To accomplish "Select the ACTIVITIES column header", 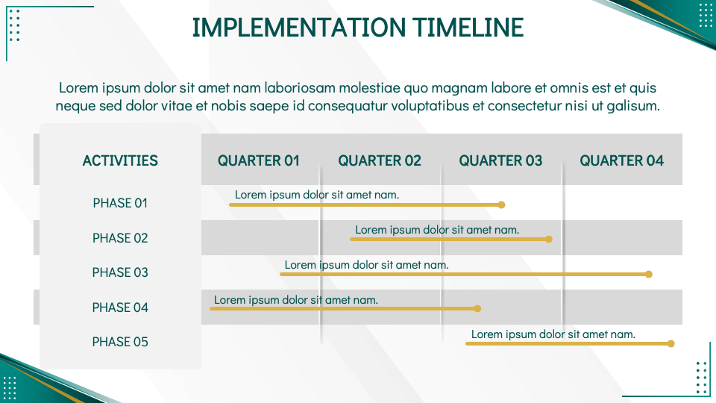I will click(120, 160).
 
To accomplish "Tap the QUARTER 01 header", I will click(259, 160).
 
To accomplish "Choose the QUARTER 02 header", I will click(380, 160).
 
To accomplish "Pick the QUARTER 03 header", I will click(500, 160).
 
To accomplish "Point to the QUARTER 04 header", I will click(621, 160).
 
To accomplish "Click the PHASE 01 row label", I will click(120, 203).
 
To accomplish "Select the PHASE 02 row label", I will click(120, 238).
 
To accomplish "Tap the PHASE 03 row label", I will click(120, 272).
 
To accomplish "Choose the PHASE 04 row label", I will click(120, 307).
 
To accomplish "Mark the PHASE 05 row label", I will click(120, 342).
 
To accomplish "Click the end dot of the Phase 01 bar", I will click(502, 204).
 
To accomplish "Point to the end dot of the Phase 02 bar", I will click(549, 240).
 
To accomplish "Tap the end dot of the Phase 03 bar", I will click(649, 275).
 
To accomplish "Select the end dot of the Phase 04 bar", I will click(478, 308).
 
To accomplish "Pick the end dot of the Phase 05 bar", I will click(671, 344).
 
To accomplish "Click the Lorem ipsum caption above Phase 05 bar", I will click(553, 334).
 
